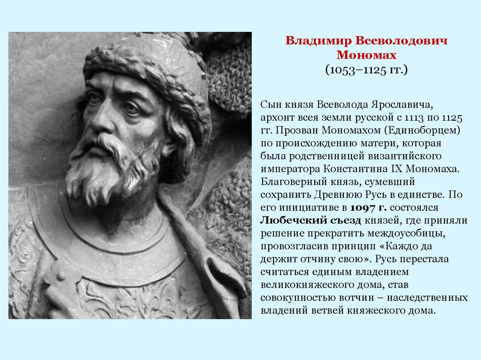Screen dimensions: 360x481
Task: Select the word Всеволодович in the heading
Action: point(399,41)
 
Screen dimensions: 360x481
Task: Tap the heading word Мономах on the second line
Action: point(366,55)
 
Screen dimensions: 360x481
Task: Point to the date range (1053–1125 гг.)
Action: point(366,70)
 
